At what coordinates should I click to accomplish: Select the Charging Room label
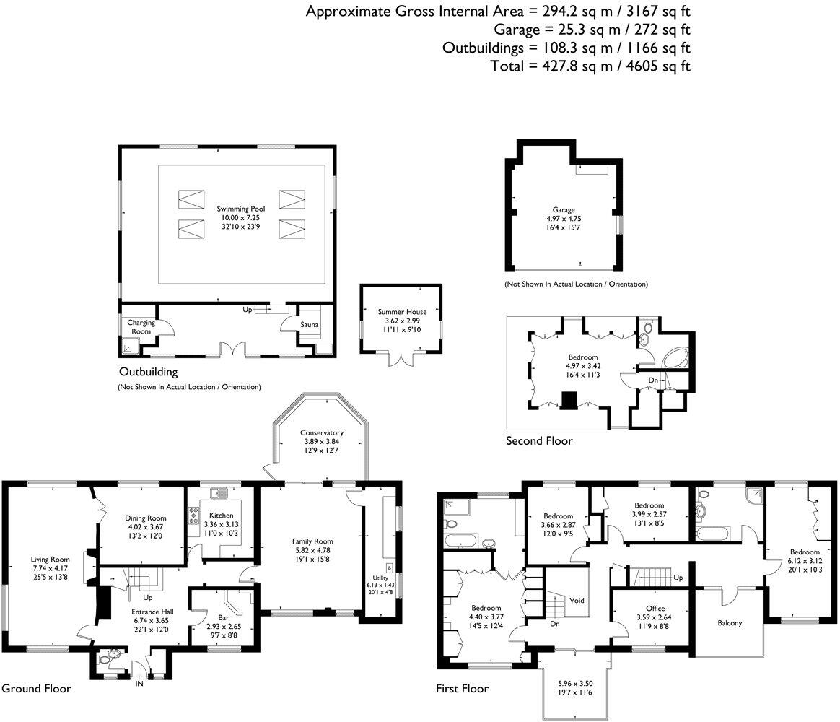pos(141,327)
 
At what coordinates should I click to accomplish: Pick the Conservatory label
pos(322,432)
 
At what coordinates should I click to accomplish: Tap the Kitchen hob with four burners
pos(194,515)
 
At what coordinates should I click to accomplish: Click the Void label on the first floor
pos(576,600)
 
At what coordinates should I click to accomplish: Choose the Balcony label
pos(729,623)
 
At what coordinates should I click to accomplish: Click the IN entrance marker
pos(139,683)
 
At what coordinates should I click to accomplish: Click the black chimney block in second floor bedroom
pos(569,399)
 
